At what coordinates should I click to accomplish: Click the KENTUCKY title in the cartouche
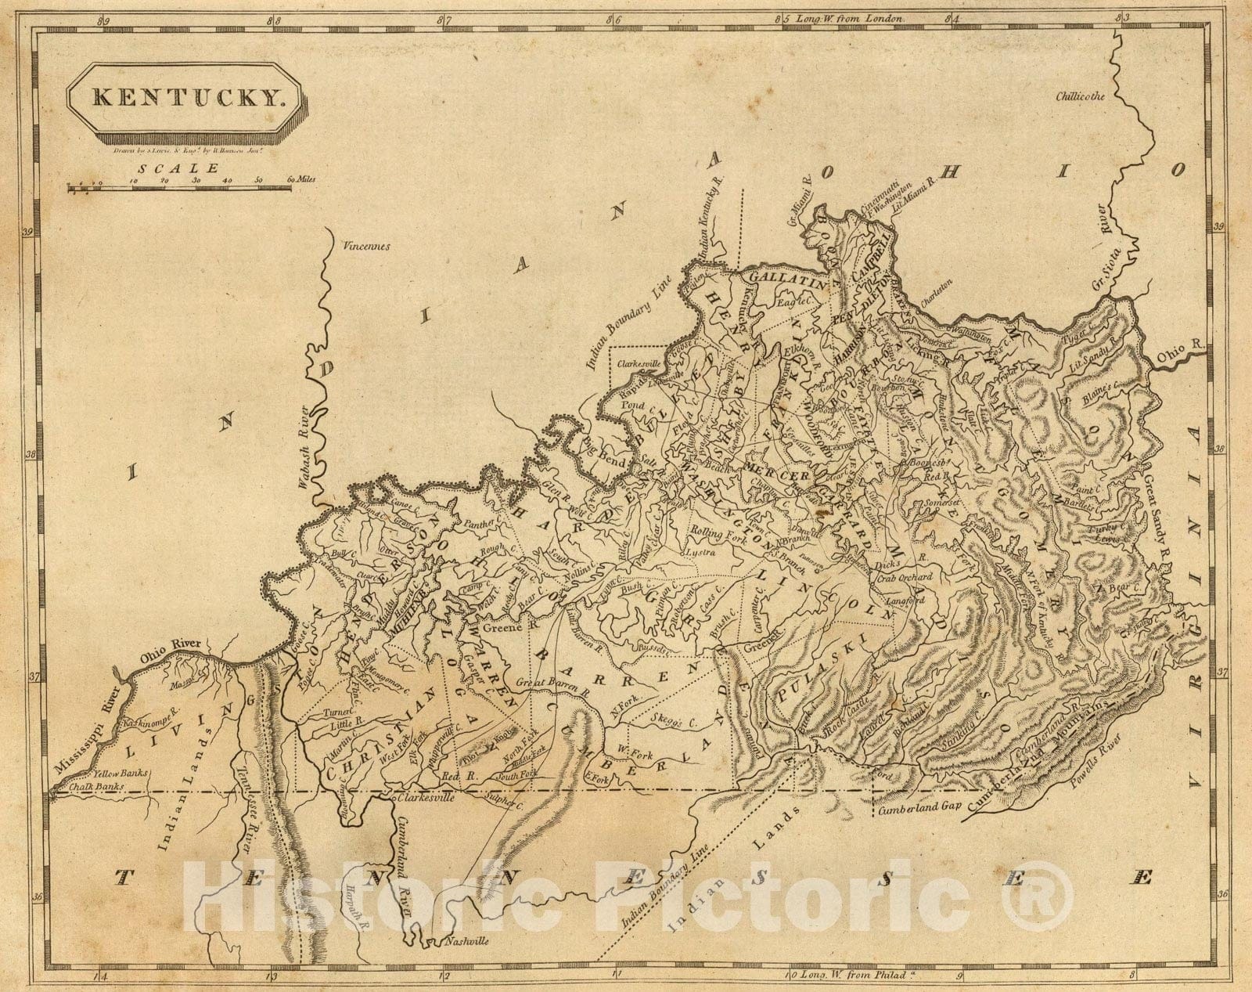(x=186, y=99)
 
